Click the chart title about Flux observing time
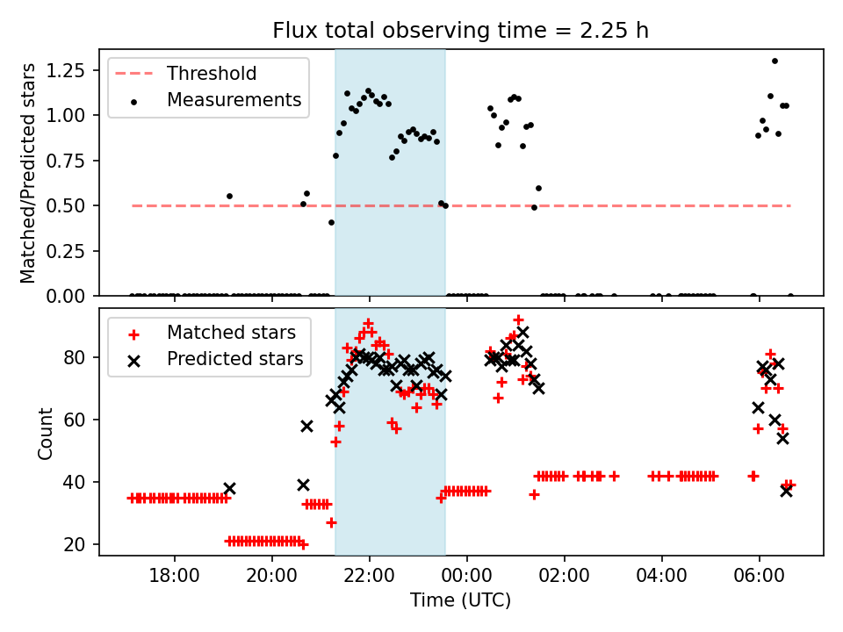pos(460,31)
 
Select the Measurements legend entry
pos(234,100)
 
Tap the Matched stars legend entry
pos(231,333)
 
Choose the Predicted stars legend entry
pos(234,358)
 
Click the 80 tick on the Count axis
pos(81,357)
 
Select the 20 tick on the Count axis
pos(81,544)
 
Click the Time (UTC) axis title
pos(460,600)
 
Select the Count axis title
pos(45,432)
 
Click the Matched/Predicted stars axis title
pos(28,173)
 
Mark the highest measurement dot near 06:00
pos(775,61)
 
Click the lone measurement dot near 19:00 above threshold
pos(229,196)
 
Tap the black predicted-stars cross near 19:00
pos(229,488)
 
